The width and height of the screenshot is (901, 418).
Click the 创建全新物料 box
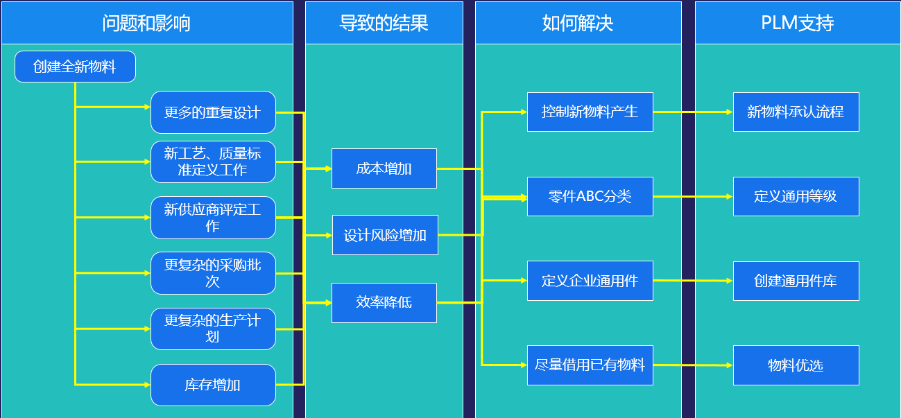pyautogui.click(x=75, y=67)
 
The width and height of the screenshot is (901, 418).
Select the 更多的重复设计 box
pyautogui.click(x=213, y=112)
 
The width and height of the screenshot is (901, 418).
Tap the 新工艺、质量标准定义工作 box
pyautogui.click(x=213, y=162)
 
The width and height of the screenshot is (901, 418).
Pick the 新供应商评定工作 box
pyautogui.click(x=213, y=218)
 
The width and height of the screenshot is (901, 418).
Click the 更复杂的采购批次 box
pyautogui.click(x=213, y=273)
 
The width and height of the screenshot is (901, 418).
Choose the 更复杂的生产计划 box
pyautogui.click(x=213, y=329)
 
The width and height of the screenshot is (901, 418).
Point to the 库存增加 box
pyautogui.click(x=213, y=385)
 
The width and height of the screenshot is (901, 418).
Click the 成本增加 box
pyautogui.click(x=384, y=168)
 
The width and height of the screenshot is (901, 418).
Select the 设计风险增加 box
pyautogui.click(x=385, y=235)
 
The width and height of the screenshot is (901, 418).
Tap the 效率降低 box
pyautogui.click(x=384, y=303)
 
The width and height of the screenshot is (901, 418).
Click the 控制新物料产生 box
pyautogui.click(x=590, y=112)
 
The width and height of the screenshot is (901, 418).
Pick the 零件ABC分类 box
pyautogui.click(x=590, y=197)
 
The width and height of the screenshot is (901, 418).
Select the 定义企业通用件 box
pyautogui.click(x=590, y=281)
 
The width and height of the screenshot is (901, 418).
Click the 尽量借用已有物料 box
pyautogui.click(x=590, y=365)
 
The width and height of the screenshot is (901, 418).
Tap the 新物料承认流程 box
pyautogui.click(x=796, y=112)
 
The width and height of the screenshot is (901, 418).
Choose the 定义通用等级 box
pyautogui.click(x=796, y=197)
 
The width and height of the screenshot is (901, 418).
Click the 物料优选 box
pyautogui.click(x=796, y=365)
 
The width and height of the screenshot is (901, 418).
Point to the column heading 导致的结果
pyautogui.click(x=384, y=23)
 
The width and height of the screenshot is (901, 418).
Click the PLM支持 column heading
pyautogui.click(x=798, y=23)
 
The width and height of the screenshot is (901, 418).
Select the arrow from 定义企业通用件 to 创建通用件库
pyautogui.click(x=693, y=281)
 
